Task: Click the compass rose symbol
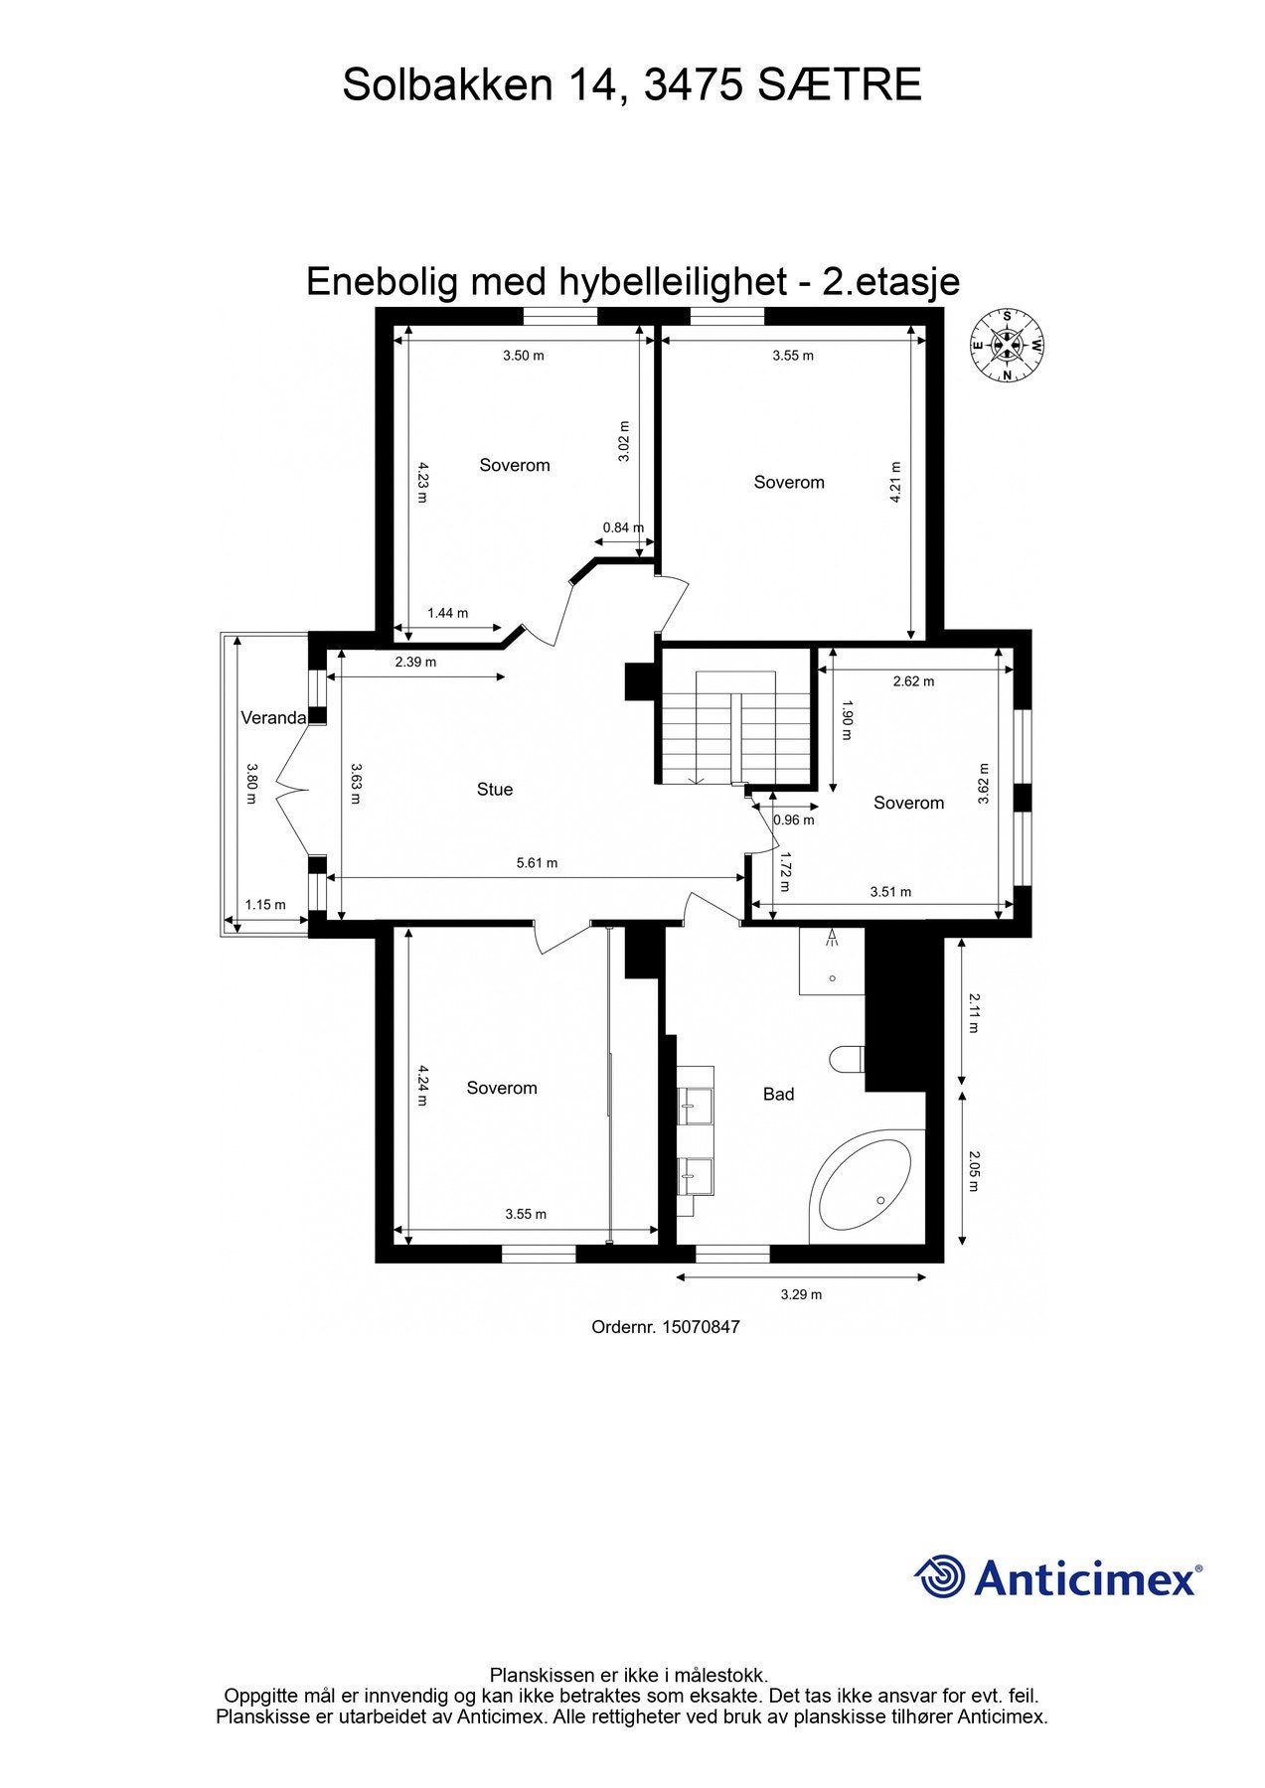[x=1007, y=346]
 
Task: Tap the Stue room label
[x=495, y=790]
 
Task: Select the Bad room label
[x=778, y=1095]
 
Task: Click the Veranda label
[x=273, y=718]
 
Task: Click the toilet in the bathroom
[x=848, y=1059]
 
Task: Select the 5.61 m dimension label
[x=537, y=863]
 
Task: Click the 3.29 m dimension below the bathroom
[x=801, y=1294]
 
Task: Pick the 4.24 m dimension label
[x=422, y=1086]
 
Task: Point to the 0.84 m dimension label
[x=623, y=527]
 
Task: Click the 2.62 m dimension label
[x=913, y=681]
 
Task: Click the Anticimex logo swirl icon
[x=940, y=1577]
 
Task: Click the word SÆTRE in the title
[x=839, y=85]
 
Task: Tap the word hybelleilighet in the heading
[x=672, y=282]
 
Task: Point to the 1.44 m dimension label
[x=447, y=613]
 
